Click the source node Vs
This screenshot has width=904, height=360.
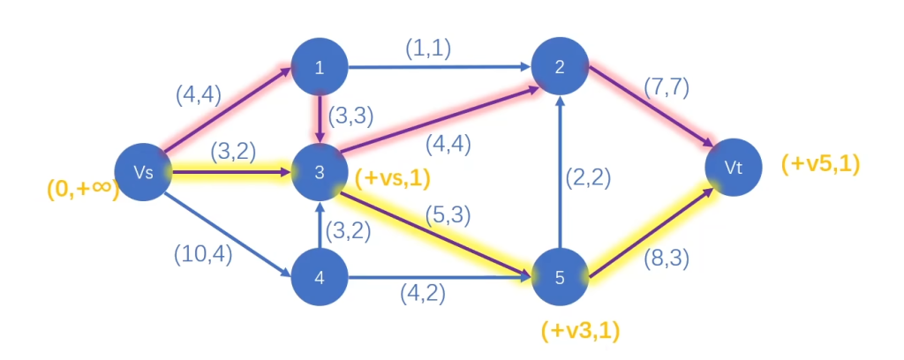[144, 172]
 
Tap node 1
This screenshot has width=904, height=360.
[320, 67]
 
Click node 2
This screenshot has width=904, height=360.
[559, 67]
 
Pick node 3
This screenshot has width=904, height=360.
[320, 173]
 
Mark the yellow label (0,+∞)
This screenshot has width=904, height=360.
[83, 189]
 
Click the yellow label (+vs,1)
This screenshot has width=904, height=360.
[392, 178]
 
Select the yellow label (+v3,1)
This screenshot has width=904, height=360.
[580, 331]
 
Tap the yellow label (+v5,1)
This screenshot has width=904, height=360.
[820, 163]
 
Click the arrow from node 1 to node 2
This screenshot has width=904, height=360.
[439, 67]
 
